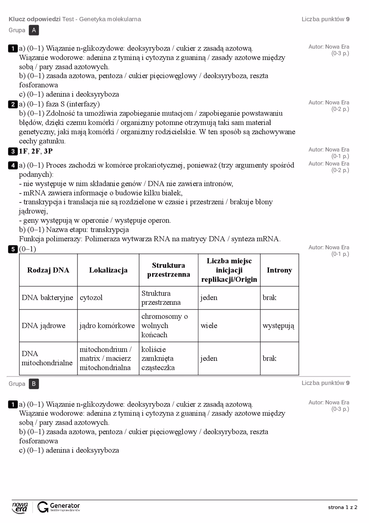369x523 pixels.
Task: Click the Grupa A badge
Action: coord(34,30)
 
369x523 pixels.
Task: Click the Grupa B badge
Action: coord(34,384)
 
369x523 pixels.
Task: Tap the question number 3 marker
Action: coord(13,151)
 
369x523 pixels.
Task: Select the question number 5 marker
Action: coord(13,249)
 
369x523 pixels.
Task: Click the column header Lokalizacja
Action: coord(108,270)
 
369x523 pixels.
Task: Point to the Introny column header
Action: coord(279,270)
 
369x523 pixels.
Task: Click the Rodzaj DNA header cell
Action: coord(48,270)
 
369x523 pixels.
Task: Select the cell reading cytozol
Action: coord(91,298)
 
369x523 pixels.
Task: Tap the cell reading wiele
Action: coord(209,326)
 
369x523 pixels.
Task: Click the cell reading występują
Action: coord(278,326)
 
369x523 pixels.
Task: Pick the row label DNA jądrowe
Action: coord(44,326)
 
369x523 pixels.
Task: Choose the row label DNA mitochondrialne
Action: coord(47,358)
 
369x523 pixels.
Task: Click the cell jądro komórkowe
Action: coord(107,326)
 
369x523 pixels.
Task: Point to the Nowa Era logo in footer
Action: coord(20,507)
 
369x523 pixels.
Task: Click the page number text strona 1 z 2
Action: coord(342,507)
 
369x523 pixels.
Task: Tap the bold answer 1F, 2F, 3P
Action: coord(36,151)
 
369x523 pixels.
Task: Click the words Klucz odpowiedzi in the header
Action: coord(35,19)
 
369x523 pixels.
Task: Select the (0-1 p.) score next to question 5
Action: coord(340,254)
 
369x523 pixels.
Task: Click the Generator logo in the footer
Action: coord(59,507)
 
